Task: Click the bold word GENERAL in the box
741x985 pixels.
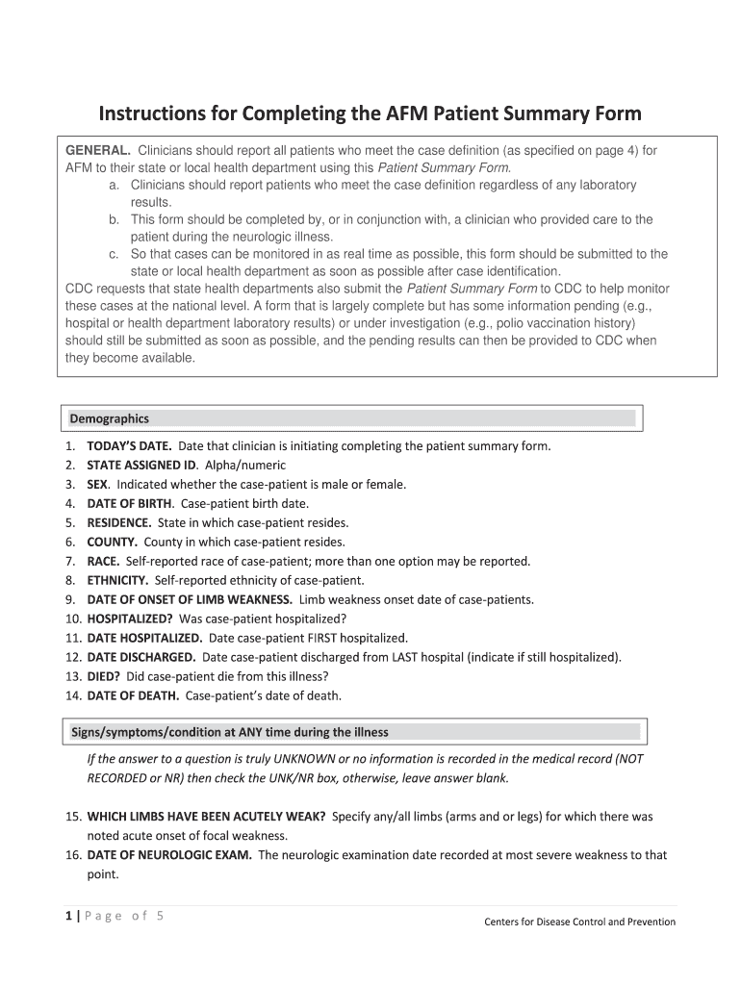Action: (x=97, y=151)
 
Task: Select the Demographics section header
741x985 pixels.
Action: (x=109, y=418)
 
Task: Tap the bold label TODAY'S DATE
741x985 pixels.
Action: (x=129, y=446)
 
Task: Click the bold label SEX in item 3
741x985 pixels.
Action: (x=97, y=485)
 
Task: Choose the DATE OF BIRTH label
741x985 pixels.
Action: (x=130, y=503)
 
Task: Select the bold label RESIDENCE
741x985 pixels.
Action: (x=119, y=523)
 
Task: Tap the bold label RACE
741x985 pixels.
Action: (x=103, y=562)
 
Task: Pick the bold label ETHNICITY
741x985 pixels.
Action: (x=117, y=581)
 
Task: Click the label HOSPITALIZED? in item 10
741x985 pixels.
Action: (x=130, y=619)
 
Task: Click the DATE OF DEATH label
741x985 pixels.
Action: (x=133, y=695)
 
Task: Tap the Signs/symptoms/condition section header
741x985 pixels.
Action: (x=230, y=732)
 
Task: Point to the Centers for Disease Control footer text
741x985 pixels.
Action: (x=579, y=922)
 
